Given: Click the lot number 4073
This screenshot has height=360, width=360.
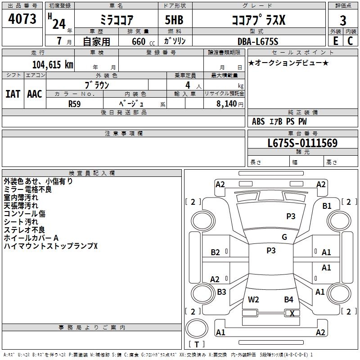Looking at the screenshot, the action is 22,20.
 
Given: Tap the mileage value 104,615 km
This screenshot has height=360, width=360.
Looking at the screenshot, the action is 53,64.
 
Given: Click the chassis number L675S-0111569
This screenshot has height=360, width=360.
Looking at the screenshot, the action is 302,144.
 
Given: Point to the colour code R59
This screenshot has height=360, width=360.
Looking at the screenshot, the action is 75,103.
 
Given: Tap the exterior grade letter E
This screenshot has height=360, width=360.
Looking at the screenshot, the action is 335,41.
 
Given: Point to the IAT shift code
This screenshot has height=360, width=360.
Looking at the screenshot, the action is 13,94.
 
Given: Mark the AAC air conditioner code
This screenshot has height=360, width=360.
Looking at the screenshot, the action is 34,94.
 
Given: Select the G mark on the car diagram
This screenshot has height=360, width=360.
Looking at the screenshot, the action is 284,237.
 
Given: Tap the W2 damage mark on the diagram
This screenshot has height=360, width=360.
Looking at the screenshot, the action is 253,299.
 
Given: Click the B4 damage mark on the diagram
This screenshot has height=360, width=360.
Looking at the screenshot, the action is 288,299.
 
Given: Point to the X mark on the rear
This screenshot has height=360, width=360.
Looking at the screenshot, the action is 292,314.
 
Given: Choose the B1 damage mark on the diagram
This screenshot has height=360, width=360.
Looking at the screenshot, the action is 327,206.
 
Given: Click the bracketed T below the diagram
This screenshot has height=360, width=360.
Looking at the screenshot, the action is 196,345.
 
